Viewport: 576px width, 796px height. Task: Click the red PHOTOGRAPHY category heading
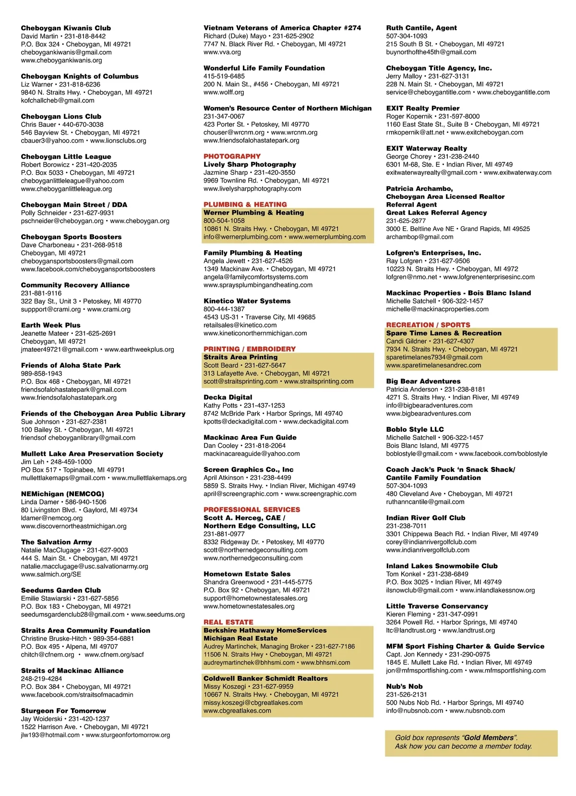232,156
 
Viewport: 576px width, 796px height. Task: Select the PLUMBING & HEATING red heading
245,204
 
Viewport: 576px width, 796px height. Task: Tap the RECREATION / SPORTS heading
428,325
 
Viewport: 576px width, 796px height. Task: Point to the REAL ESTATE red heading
228,622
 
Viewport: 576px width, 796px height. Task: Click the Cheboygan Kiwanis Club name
66,28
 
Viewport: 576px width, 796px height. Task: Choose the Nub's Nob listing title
404,686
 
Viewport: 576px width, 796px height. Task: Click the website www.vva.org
222,52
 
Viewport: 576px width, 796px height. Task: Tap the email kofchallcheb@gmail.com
58,100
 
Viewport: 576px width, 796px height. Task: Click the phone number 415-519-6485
224,76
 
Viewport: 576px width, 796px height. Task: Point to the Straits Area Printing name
240,357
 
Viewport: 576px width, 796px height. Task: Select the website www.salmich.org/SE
51,574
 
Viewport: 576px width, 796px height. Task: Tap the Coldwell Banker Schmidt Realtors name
265,678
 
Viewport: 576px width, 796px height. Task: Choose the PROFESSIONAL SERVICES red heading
252,509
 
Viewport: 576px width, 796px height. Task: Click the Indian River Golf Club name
425,517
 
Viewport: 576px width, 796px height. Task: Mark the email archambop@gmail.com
420,236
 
